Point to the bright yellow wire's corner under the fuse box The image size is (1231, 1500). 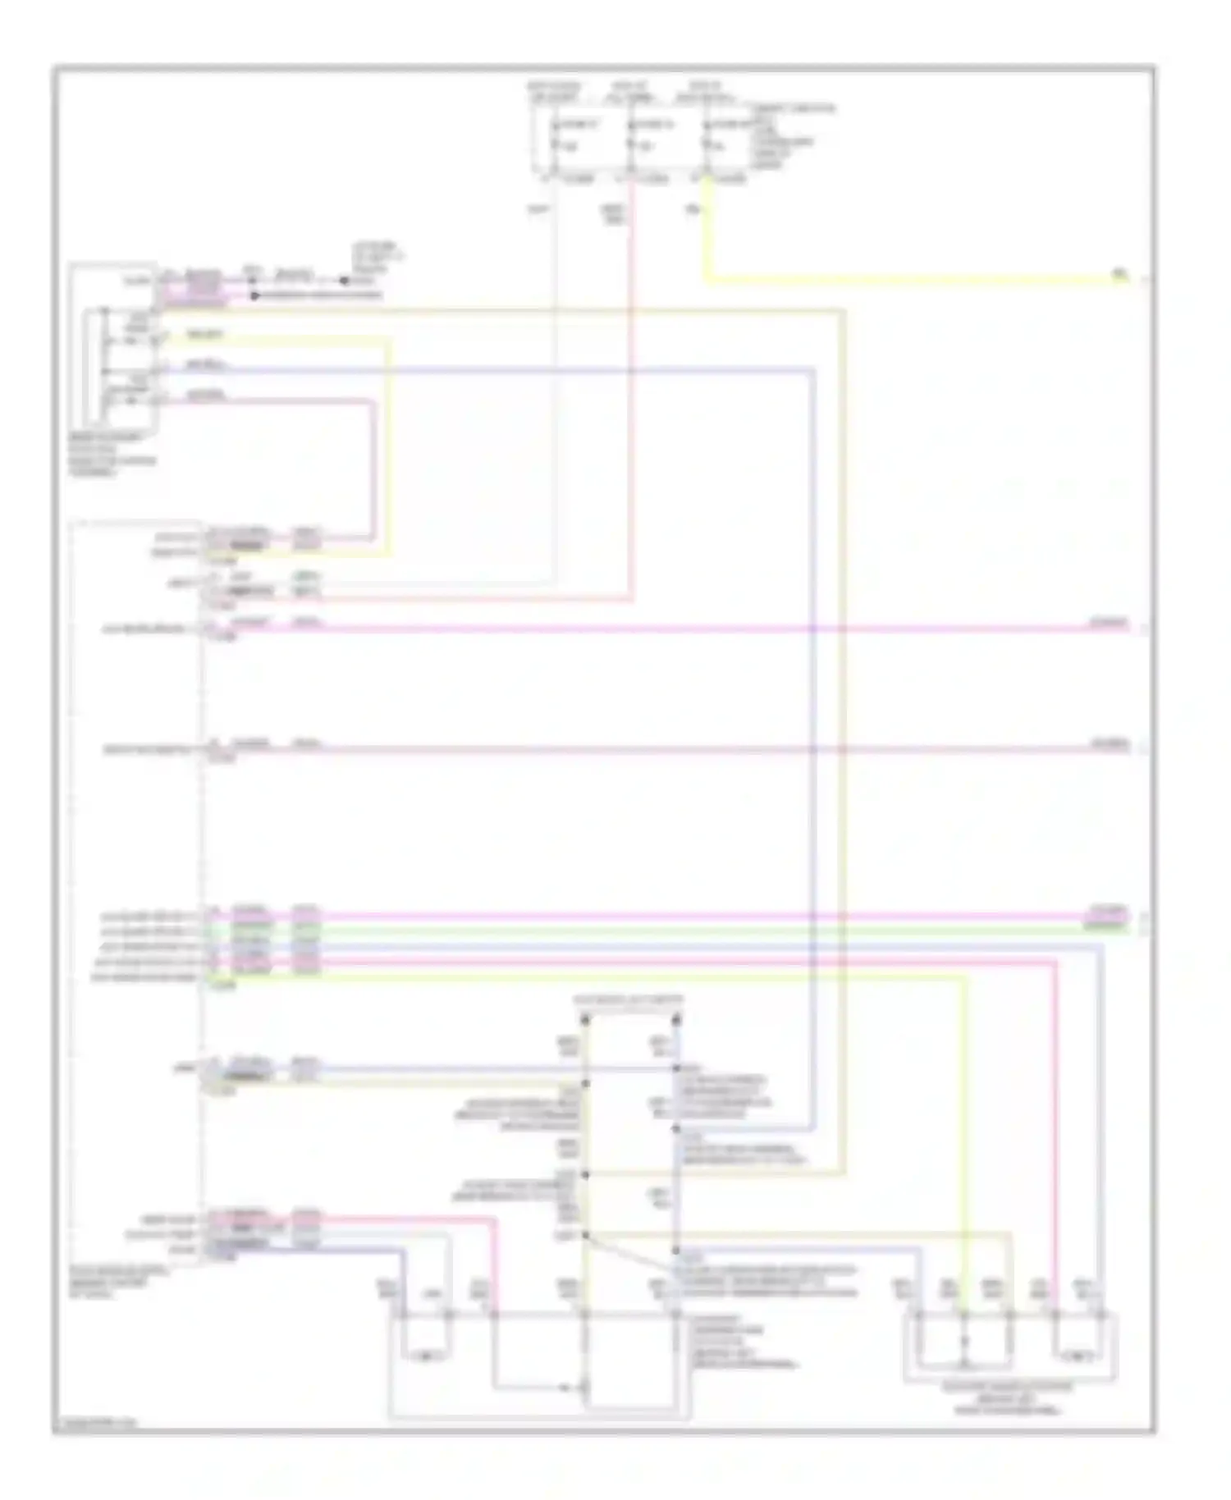[707, 281]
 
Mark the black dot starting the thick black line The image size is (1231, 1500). [255, 295]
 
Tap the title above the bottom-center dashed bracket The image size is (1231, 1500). [629, 1001]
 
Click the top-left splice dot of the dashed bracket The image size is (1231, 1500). [585, 1020]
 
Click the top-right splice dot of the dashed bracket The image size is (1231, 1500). [676, 1020]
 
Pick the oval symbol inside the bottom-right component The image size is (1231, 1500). [1077, 1351]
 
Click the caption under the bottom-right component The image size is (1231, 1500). [1012, 1398]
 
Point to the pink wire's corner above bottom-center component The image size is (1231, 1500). [495, 1222]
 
